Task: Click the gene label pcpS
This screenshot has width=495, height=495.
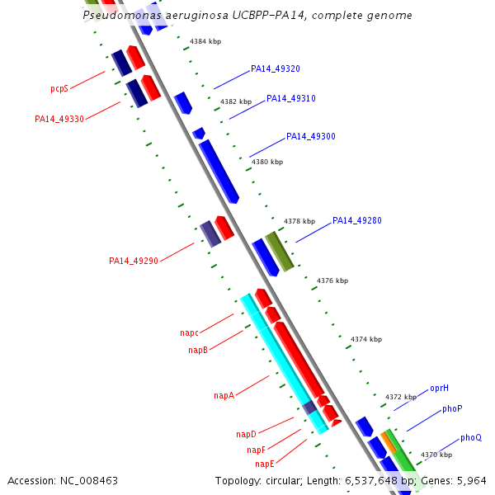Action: tap(59, 87)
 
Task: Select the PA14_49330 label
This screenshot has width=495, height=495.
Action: tap(59, 119)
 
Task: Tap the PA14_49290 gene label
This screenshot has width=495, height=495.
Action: tap(133, 261)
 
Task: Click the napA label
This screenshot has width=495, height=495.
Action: tap(224, 396)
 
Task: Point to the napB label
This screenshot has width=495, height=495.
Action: tap(198, 351)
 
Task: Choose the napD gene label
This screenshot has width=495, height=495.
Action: tap(246, 434)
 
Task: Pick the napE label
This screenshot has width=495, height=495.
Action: tap(265, 464)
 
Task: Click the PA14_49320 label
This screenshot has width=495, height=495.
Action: tap(275, 69)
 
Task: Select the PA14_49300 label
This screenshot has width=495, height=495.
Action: tap(310, 136)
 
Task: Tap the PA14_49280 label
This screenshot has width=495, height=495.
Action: tap(356, 221)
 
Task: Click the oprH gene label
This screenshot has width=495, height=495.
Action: tap(439, 388)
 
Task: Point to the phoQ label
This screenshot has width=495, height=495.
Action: tap(471, 437)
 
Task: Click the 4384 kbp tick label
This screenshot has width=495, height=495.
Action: tap(205, 41)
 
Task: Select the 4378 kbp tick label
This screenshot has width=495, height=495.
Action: tap(299, 221)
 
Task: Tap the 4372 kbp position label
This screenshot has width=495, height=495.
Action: tap(400, 397)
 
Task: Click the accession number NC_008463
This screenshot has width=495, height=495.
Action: tap(63, 480)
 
